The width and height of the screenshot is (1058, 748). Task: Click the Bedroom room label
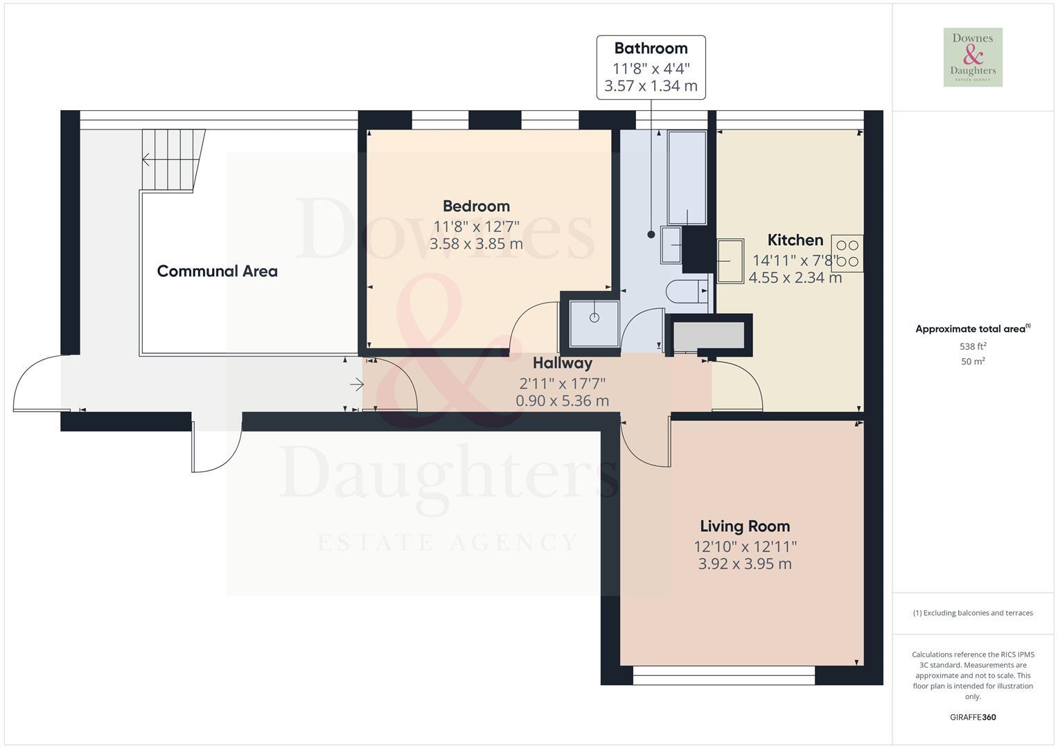476,206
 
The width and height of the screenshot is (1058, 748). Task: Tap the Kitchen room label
795,240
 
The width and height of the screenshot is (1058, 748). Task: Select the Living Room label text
744,526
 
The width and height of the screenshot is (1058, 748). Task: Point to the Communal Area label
217,271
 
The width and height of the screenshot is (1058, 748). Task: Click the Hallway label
562,363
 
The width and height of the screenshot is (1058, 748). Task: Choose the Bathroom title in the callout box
651,48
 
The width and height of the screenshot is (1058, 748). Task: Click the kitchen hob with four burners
847,253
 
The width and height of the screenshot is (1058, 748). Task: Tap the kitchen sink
730,260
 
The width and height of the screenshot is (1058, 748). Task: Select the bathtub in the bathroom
686,177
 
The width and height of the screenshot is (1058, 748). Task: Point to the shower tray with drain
594,322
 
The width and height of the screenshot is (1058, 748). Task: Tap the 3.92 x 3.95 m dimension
744,564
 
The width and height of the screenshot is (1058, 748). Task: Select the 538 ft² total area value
973,346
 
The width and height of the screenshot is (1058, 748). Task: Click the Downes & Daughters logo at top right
973,57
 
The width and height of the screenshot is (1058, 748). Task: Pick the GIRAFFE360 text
973,717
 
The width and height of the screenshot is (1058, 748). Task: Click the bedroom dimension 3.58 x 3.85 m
476,244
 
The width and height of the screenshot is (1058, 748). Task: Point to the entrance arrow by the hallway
357,384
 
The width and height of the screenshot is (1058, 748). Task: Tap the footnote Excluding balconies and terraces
973,613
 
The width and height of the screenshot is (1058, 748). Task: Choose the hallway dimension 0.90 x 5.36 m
562,400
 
